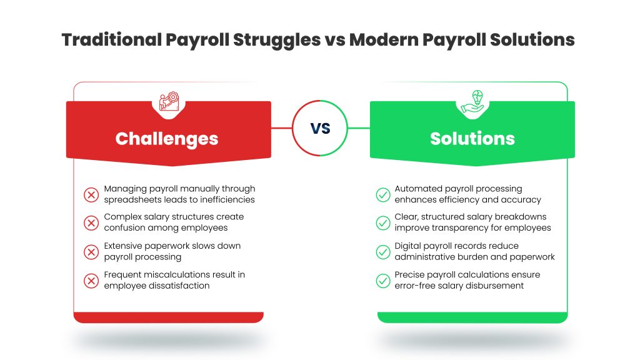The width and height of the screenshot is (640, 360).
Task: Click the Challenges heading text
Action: point(166,139)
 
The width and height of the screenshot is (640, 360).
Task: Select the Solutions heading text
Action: point(472,138)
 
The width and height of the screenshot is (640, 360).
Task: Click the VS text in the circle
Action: point(320,128)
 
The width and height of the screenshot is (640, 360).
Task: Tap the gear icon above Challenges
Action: point(169,101)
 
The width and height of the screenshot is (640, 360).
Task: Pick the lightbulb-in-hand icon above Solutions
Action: point(472,102)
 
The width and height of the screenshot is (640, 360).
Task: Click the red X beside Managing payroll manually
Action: point(91,195)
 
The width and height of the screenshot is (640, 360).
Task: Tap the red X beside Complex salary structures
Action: point(91,223)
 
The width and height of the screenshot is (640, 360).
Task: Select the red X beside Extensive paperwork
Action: point(91,252)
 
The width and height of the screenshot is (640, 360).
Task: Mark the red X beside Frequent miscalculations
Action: point(91,281)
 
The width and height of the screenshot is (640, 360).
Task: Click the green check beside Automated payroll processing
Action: point(383,195)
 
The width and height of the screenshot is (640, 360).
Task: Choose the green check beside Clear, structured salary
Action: point(383,223)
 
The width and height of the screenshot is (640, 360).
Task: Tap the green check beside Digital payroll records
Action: point(383,252)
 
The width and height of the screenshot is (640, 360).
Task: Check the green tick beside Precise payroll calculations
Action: point(383,281)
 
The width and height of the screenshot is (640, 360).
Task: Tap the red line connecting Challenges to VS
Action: point(282,128)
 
